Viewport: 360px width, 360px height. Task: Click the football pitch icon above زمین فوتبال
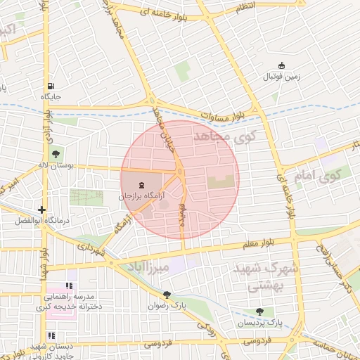282,65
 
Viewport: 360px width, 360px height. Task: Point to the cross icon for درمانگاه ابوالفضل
42,210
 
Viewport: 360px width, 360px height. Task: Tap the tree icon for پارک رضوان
167,295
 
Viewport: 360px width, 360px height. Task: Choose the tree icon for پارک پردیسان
260,311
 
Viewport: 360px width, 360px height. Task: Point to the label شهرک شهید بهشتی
264,277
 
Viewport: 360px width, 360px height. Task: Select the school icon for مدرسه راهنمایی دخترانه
69,285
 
